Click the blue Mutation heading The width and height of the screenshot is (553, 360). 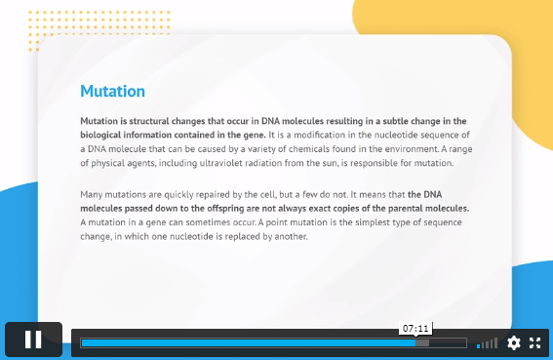[112, 91]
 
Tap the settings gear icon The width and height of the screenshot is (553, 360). [513, 342]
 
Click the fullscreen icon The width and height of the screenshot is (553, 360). [535, 342]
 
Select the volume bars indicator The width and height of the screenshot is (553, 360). [487, 343]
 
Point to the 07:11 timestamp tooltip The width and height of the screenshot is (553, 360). [415, 329]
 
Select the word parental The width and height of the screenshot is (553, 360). [405, 208]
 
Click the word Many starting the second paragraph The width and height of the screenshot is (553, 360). [92, 195]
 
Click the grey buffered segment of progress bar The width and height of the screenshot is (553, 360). [422, 342]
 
